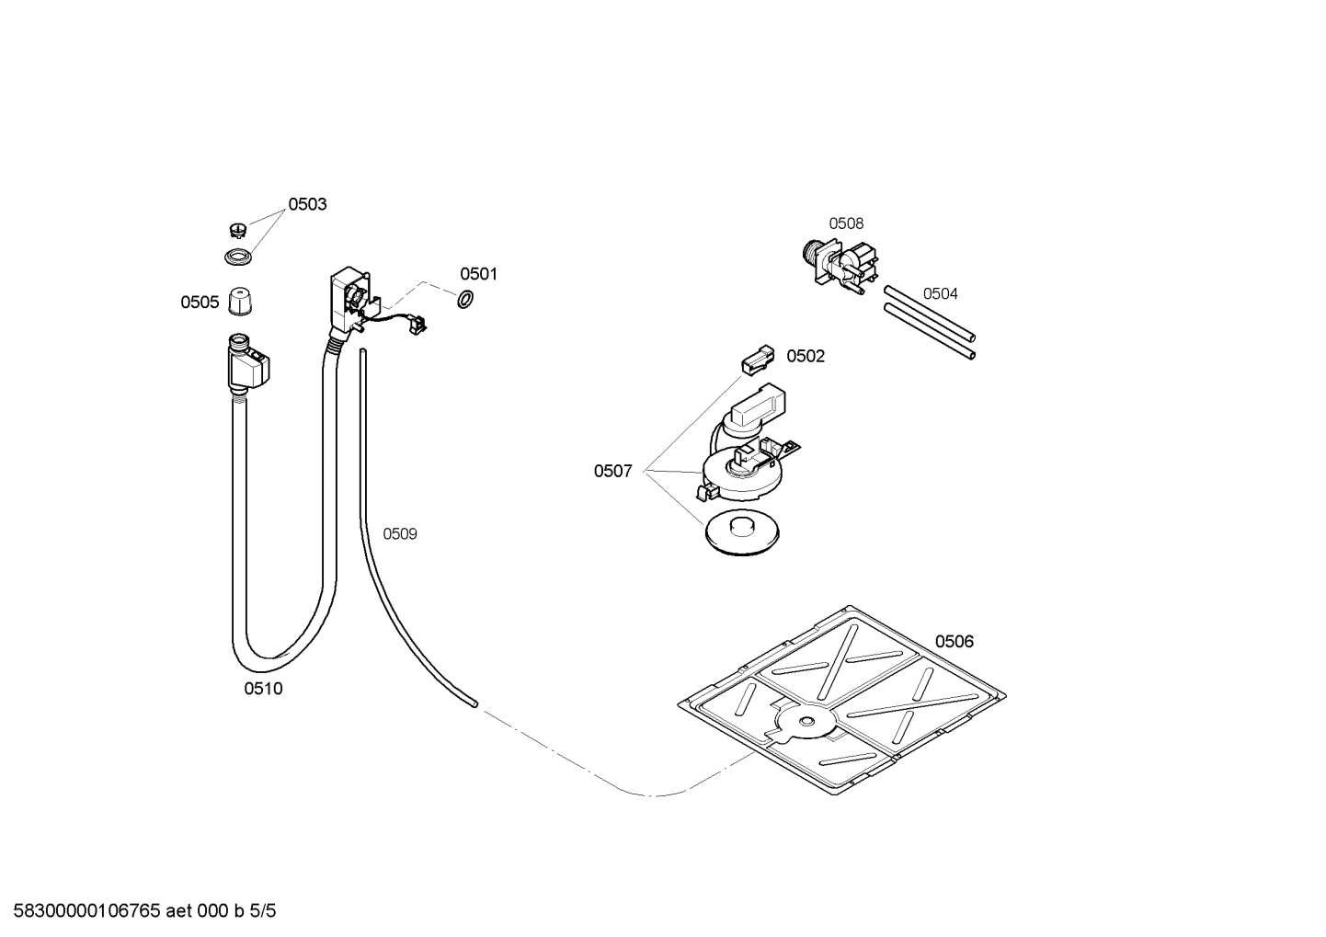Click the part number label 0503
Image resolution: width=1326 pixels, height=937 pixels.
[x=307, y=204]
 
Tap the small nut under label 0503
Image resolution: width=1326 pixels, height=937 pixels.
[x=237, y=229]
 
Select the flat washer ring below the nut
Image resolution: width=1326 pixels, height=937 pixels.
[x=238, y=257]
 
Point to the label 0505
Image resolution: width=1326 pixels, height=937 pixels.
[x=200, y=303]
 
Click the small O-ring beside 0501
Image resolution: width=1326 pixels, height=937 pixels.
[x=465, y=300]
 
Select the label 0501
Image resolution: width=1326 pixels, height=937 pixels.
[x=478, y=274]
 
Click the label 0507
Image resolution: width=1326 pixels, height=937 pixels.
[x=612, y=472]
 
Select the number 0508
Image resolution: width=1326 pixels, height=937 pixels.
[x=846, y=223]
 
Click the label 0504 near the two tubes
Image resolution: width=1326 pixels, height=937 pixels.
[x=940, y=294]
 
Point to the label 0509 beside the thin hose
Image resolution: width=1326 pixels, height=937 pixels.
[x=400, y=534]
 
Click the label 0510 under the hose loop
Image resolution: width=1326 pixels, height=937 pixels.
[x=263, y=689]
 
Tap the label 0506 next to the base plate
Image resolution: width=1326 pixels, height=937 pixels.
[x=954, y=642]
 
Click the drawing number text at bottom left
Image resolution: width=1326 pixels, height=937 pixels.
[x=139, y=911]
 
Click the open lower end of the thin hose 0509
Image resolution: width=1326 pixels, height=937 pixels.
[x=474, y=704]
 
